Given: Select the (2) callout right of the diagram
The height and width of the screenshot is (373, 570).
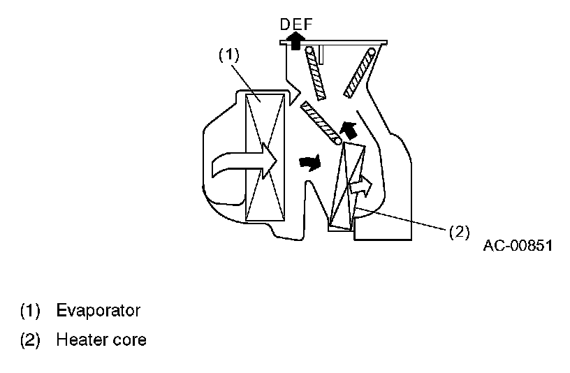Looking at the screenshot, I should pyautogui.click(x=458, y=232).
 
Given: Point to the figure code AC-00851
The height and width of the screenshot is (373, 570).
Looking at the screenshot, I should pyautogui.click(x=516, y=246).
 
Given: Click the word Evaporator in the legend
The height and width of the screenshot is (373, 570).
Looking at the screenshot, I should pyautogui.click(x=98, y=309).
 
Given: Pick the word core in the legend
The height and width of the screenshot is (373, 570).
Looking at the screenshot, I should pyautogui.click(x=131, y=341).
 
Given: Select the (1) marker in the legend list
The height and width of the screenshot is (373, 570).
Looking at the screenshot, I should pyautogui.click(x=31, y=309).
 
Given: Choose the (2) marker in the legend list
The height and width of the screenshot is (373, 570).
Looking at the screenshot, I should pyautogui.click(x=31, y=340).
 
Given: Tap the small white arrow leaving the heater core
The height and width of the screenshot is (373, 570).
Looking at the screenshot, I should pyautogui.click(x=361, y=186).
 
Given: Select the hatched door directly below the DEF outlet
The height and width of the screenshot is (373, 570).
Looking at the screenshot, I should pyautogui.click(x=318, y=78).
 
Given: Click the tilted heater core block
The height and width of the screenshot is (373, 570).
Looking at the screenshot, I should pyautogui.click(x=347, y=185).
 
